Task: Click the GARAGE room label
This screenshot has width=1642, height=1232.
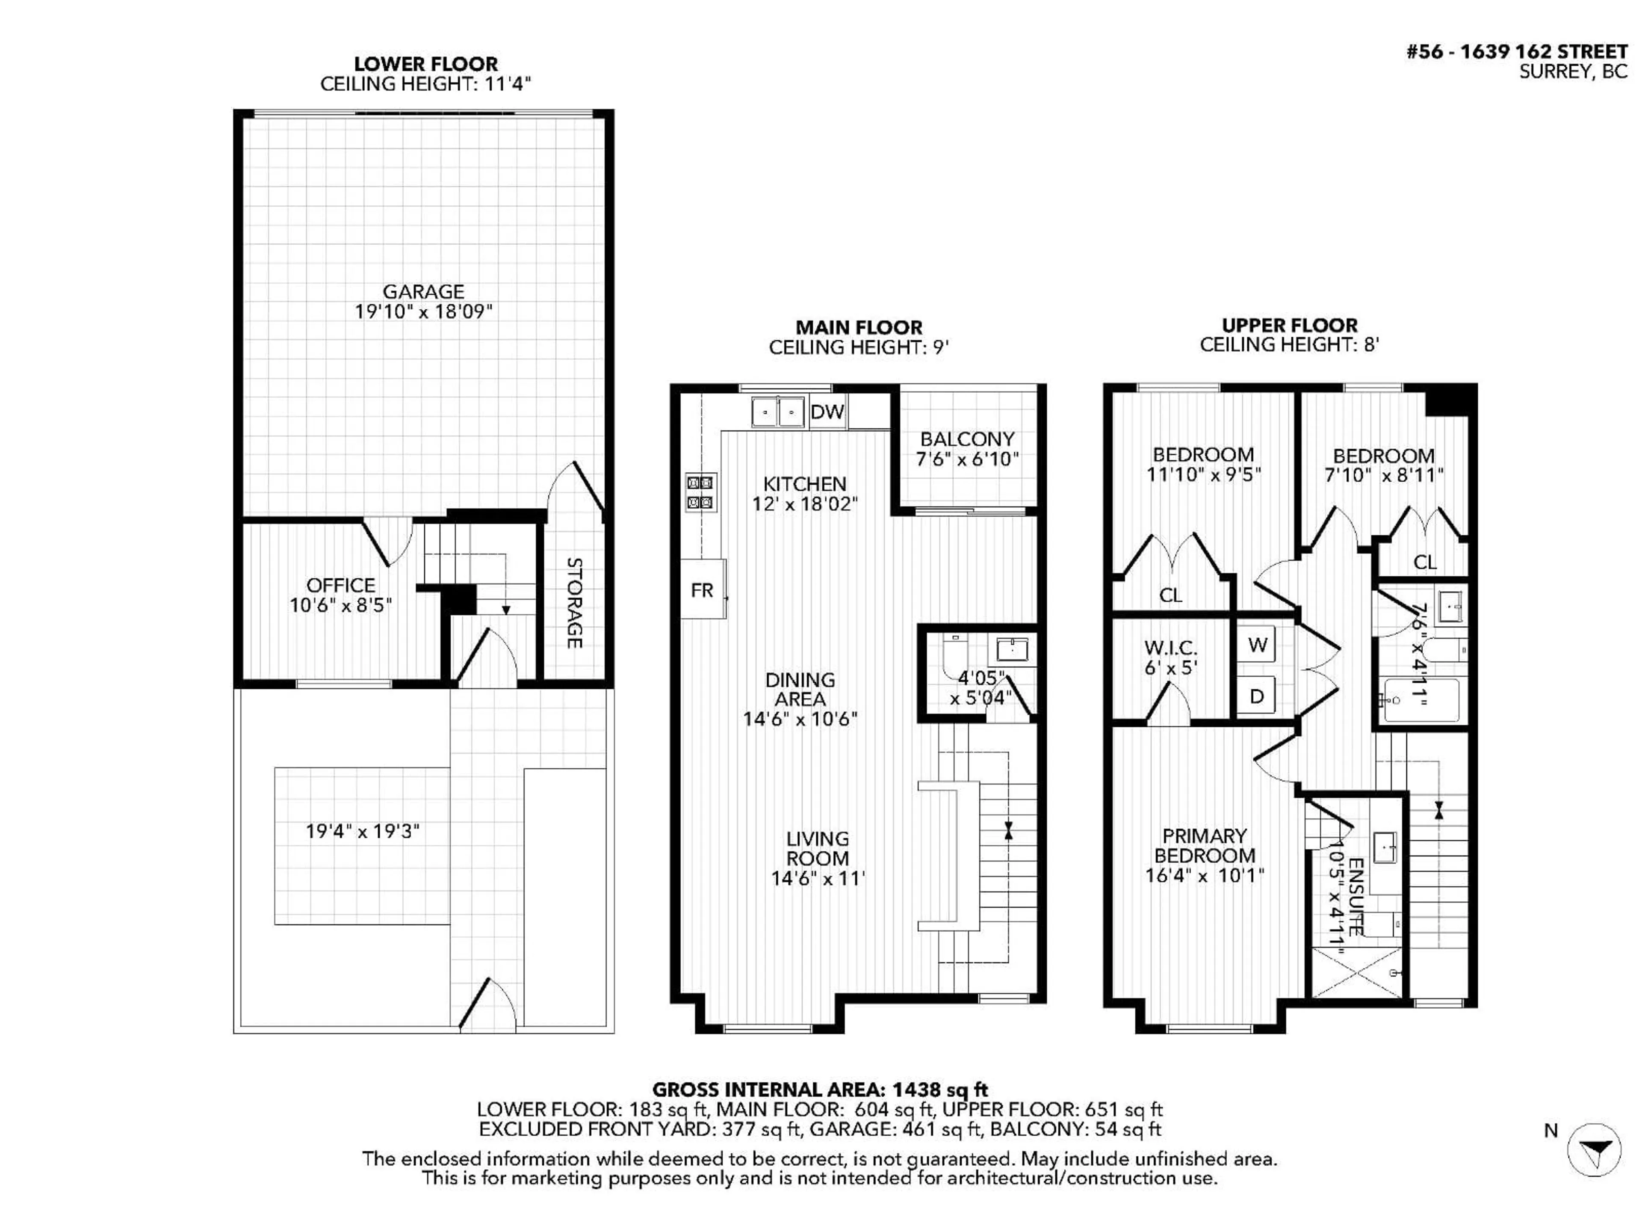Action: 423,292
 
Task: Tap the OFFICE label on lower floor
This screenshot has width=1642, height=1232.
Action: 341,585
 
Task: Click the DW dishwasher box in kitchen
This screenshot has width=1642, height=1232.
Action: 827,412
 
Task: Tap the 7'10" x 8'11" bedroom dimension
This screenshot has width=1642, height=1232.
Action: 1384,475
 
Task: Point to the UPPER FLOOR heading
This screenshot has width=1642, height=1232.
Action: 1289,325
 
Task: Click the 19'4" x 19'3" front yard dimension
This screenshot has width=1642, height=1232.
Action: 362,831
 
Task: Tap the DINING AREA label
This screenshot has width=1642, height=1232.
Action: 800,689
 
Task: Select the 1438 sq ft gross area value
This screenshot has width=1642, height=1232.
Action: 940,1090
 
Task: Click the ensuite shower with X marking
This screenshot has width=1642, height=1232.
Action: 1357,972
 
